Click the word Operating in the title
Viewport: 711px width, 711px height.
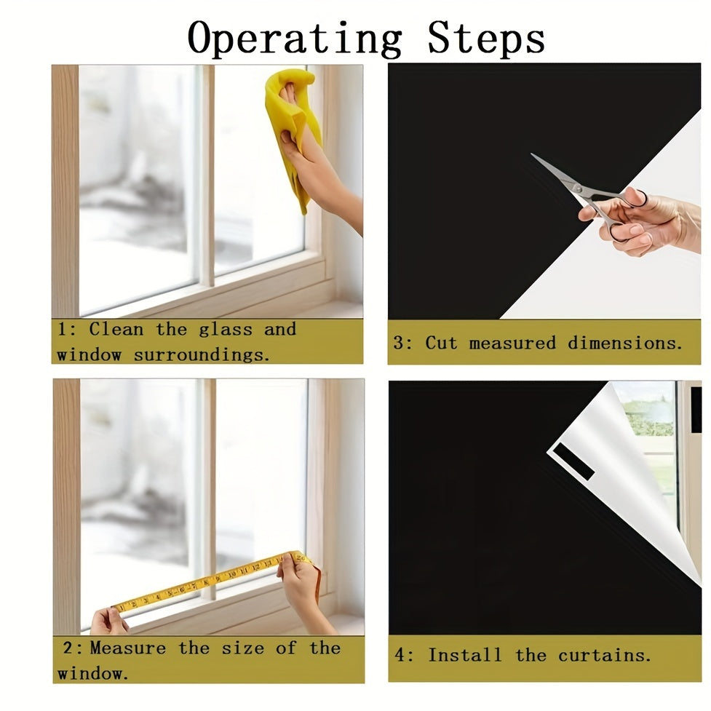point(294,39)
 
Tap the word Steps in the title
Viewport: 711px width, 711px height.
point(485,38)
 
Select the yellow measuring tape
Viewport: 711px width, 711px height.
point(213,583)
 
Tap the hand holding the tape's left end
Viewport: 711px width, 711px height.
point(109,621)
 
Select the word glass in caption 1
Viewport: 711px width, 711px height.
point(226,330)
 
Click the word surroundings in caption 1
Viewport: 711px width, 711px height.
point(202,354)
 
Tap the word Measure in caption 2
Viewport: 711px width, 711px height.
point(128,648)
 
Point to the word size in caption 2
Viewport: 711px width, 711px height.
point(242,648)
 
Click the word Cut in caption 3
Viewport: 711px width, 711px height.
point(441,343)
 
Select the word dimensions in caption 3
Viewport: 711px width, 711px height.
point(625,343)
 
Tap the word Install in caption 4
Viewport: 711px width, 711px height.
point(465,655)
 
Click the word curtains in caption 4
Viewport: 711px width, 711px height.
point(605,655)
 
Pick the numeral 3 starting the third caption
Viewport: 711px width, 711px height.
point(398,343)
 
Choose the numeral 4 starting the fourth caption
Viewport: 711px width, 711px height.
point(400,655)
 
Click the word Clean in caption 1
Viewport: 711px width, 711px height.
point(116,329)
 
